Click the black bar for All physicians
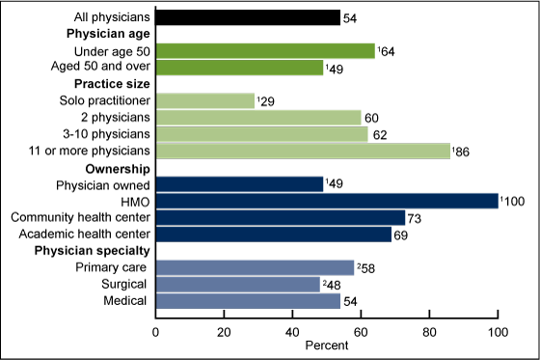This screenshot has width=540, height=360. (248, 17)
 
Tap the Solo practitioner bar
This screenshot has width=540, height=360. (205, 100)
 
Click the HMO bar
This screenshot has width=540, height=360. (327, 201)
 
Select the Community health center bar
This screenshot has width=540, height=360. (281, 217)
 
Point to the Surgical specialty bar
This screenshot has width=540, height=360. (237, 284)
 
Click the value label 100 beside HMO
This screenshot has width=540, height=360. (512, 201)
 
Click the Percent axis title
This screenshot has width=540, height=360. (327, 344)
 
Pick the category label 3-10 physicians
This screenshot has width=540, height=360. (104, 134)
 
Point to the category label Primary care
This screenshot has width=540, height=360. (111, 267)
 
